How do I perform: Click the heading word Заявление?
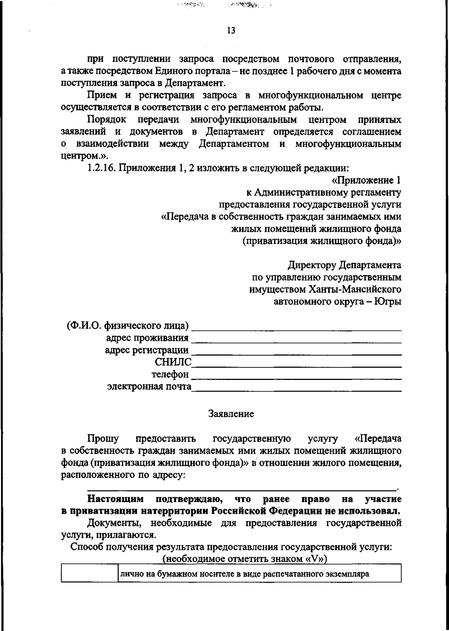(x=231, y=414)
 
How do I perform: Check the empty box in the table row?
(x=90, y=574)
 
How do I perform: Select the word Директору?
(x=312, y=265)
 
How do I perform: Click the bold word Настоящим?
(x=115, y=499)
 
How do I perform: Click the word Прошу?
(x=103, y=438)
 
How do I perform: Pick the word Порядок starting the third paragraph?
(x=107, y=120)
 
